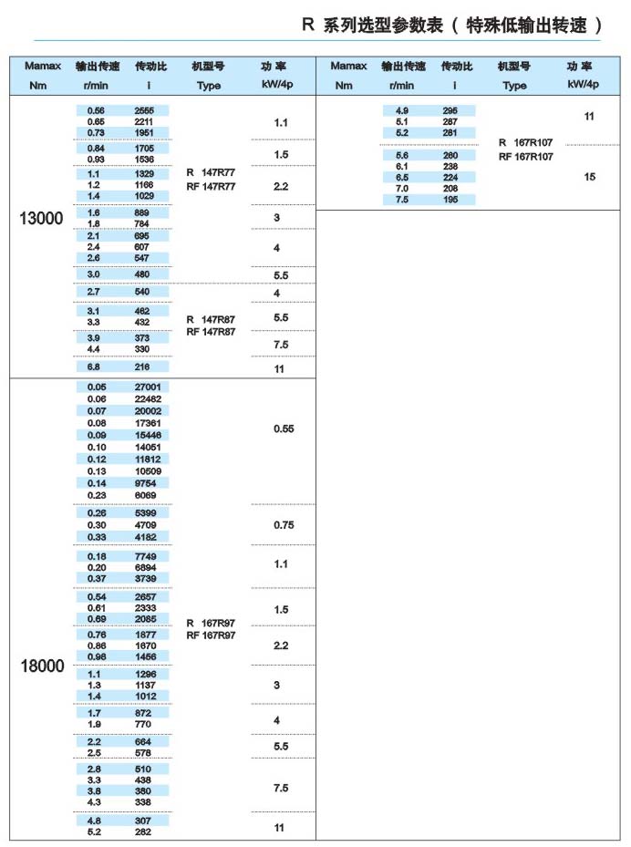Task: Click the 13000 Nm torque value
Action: [42, 218]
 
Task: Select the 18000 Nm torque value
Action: [42, 666]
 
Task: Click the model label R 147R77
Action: [211, 173]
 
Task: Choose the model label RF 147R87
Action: [211, 332]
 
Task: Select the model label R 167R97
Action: [211, 623]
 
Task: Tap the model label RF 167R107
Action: [526, 157]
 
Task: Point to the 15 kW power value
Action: [589, 177]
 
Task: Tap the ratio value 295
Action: [450, 110]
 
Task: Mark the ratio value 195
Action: [450, 200]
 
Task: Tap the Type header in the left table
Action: [209, 86]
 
